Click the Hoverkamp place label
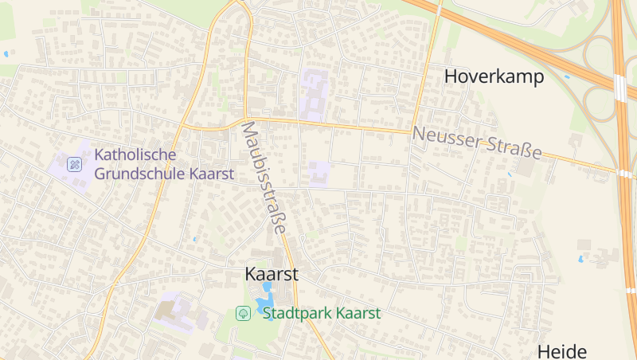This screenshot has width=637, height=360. [x=494, y=76]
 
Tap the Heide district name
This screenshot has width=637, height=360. [x=561, y=351]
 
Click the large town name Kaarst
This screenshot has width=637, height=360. [x=272, y=274]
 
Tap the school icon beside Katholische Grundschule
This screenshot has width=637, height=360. [x=75, y=165]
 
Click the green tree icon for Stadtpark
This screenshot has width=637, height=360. [x=243, y=313]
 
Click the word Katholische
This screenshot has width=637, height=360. [x=135, y=155]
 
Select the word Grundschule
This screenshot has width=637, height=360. [x=140, y=173]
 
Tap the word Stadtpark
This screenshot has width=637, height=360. [x=297, y=313]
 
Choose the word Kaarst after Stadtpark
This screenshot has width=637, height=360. [x=358, y=313]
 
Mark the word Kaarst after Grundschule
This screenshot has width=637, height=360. [x=212, y=173]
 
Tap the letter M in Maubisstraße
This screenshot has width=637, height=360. [x=248, y=128]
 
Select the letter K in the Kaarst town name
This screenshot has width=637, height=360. [x=251, y=274]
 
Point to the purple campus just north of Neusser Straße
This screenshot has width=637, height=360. [x=313, y=94]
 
